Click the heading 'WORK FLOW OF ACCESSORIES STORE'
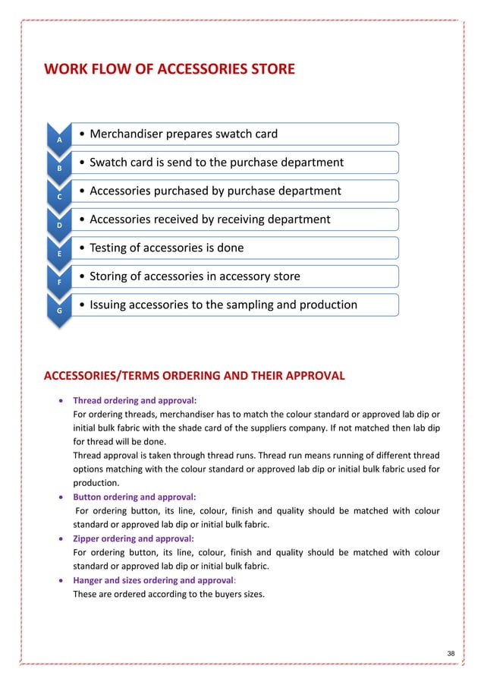[169, 71]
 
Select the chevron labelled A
[61, 139]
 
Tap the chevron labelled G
[61, 310]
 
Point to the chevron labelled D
[61, 225]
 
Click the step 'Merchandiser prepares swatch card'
[184, 134]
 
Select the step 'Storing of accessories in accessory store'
[194, 276]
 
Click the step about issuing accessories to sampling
[223, 305]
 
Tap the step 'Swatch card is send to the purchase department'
[216, 163]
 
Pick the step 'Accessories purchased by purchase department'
[215, 191]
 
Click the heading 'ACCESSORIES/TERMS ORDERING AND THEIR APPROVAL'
[194, 376]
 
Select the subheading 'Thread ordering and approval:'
[134, 399]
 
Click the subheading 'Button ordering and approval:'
[134, 497]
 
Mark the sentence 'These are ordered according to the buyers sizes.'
[168, 594]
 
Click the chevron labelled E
[61, 253]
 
